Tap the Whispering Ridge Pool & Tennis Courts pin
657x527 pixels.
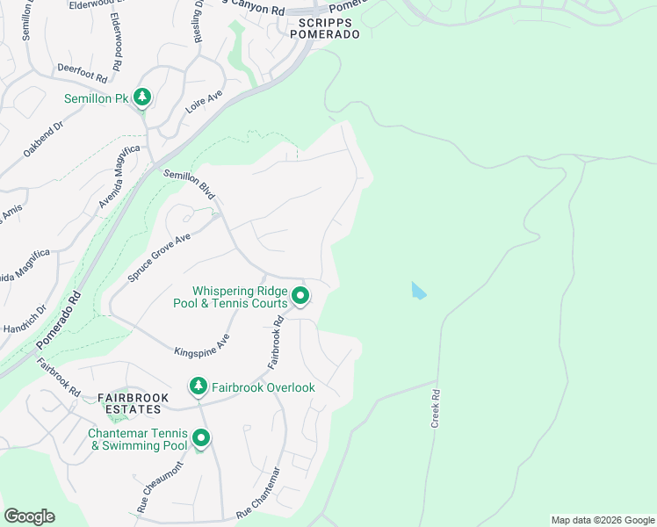[x=300, y=296]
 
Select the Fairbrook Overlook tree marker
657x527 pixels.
[x=199, y=386]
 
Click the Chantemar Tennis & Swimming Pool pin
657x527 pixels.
[x=201, y=438]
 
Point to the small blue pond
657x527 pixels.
[x=419, y=291]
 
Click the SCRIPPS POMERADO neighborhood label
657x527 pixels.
[x=328, y=28]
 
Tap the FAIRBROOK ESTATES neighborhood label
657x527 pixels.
[x=129, y=403]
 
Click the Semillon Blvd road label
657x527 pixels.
[x=189, y=184]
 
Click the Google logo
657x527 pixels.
[x=29, y=516]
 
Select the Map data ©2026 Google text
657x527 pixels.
[x=602, y=520]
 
